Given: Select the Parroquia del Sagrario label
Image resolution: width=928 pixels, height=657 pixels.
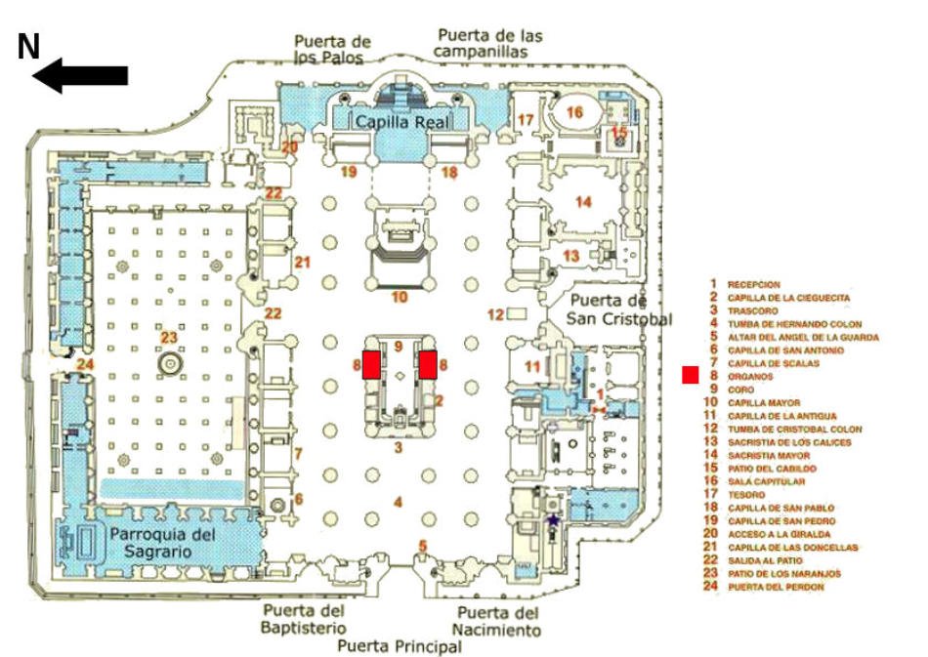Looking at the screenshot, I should tap(162, 543).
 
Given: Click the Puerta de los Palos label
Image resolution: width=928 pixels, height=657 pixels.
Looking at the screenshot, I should tap(333, 49).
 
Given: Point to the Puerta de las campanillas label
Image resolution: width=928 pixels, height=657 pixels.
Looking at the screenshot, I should tap(489, 43).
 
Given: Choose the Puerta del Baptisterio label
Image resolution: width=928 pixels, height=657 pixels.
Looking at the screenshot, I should tap(304, 619).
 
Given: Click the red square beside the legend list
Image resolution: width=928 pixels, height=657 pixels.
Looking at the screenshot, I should tap(691, 374).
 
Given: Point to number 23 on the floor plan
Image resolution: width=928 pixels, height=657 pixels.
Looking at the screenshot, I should tap(169, 338).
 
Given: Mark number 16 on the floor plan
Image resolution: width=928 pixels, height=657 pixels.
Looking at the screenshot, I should tap(574, 113).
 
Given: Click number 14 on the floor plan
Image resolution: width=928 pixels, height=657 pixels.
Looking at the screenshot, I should tap(583, 202).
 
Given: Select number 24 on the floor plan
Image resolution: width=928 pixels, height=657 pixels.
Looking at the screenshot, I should tap(85, 365).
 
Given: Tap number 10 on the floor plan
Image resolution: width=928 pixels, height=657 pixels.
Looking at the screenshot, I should tap(399, 297).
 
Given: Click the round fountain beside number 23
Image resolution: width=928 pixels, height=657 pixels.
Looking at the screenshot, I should tap(170, 363).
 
